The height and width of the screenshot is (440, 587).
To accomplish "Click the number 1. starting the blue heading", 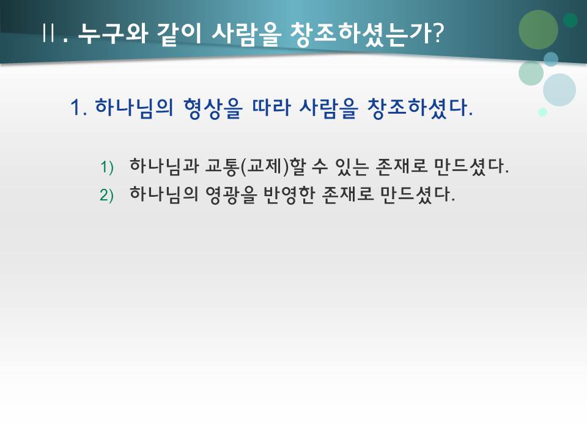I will coord(79,109).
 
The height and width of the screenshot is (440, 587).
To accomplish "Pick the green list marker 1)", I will coord(107,167).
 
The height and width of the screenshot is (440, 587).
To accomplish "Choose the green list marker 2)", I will coord(107,195).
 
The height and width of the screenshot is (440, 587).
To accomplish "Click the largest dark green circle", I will coord(538,29).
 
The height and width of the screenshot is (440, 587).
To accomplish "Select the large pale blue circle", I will coord(559,90).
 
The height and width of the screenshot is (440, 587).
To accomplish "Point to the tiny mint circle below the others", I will coord(542,112).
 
